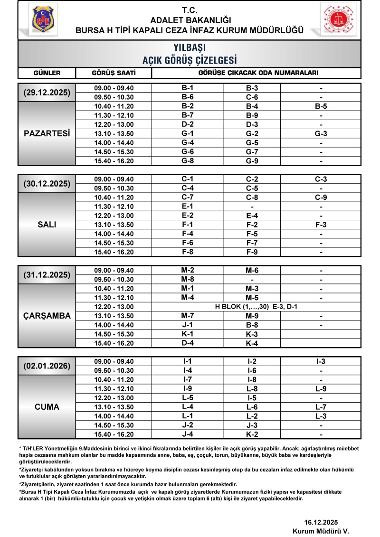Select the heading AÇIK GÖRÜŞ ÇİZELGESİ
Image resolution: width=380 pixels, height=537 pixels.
(190, 60)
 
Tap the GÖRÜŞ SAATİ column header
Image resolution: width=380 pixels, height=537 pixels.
(114, 73)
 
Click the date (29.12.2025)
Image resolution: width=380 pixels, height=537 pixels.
(47, 92)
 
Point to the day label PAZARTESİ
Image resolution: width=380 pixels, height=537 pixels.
(47, 133)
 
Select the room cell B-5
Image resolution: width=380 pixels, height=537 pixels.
(321, 106)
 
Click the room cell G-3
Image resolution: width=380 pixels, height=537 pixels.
(321, 133)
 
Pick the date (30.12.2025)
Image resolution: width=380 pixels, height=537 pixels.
(47, 184)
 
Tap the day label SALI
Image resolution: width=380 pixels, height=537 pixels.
(47, 225)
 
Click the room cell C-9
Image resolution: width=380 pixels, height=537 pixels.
(321, 197)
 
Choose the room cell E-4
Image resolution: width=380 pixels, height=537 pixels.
(252, 216)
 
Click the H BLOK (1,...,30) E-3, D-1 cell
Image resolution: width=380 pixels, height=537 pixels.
(252, 307)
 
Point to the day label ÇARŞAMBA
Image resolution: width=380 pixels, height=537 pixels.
(47, 316)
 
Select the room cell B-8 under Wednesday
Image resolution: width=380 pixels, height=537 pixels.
(252, 325)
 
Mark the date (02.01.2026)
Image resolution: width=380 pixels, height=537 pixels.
(47, 366)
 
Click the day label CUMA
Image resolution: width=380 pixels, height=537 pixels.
(47, 407)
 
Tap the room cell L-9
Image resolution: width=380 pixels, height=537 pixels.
(321, 389)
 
